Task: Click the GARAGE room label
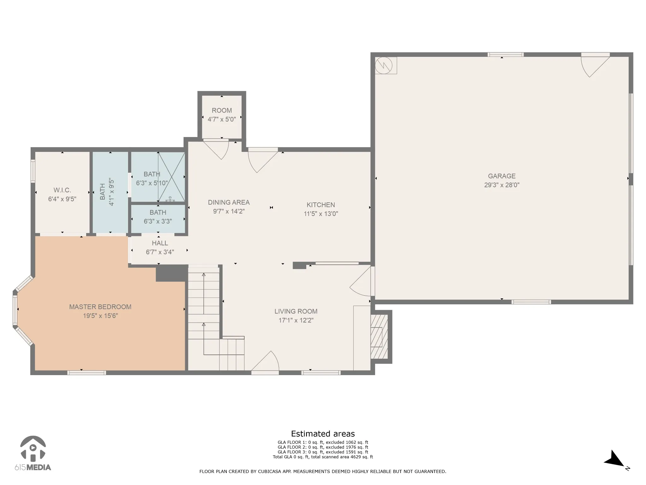(x=502, y=176)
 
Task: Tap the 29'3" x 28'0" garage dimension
(x=502, y=185)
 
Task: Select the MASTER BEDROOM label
(x=100, y=307)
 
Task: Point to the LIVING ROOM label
(x=296, y=311)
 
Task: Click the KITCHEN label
(x=321, y=205)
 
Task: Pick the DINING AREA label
(x=229, y=202)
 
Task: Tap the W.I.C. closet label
(x=62, y=190)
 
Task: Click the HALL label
(x=160, y=243)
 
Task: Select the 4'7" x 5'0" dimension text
(x=222, y=119)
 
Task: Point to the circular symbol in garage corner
(x=384, y=65)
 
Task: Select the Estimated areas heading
(x=323, y=434)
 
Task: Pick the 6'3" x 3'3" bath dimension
(x=158, y=221)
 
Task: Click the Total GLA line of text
(x=323, y=457)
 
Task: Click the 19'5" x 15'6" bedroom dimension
(x=100, y=316)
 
